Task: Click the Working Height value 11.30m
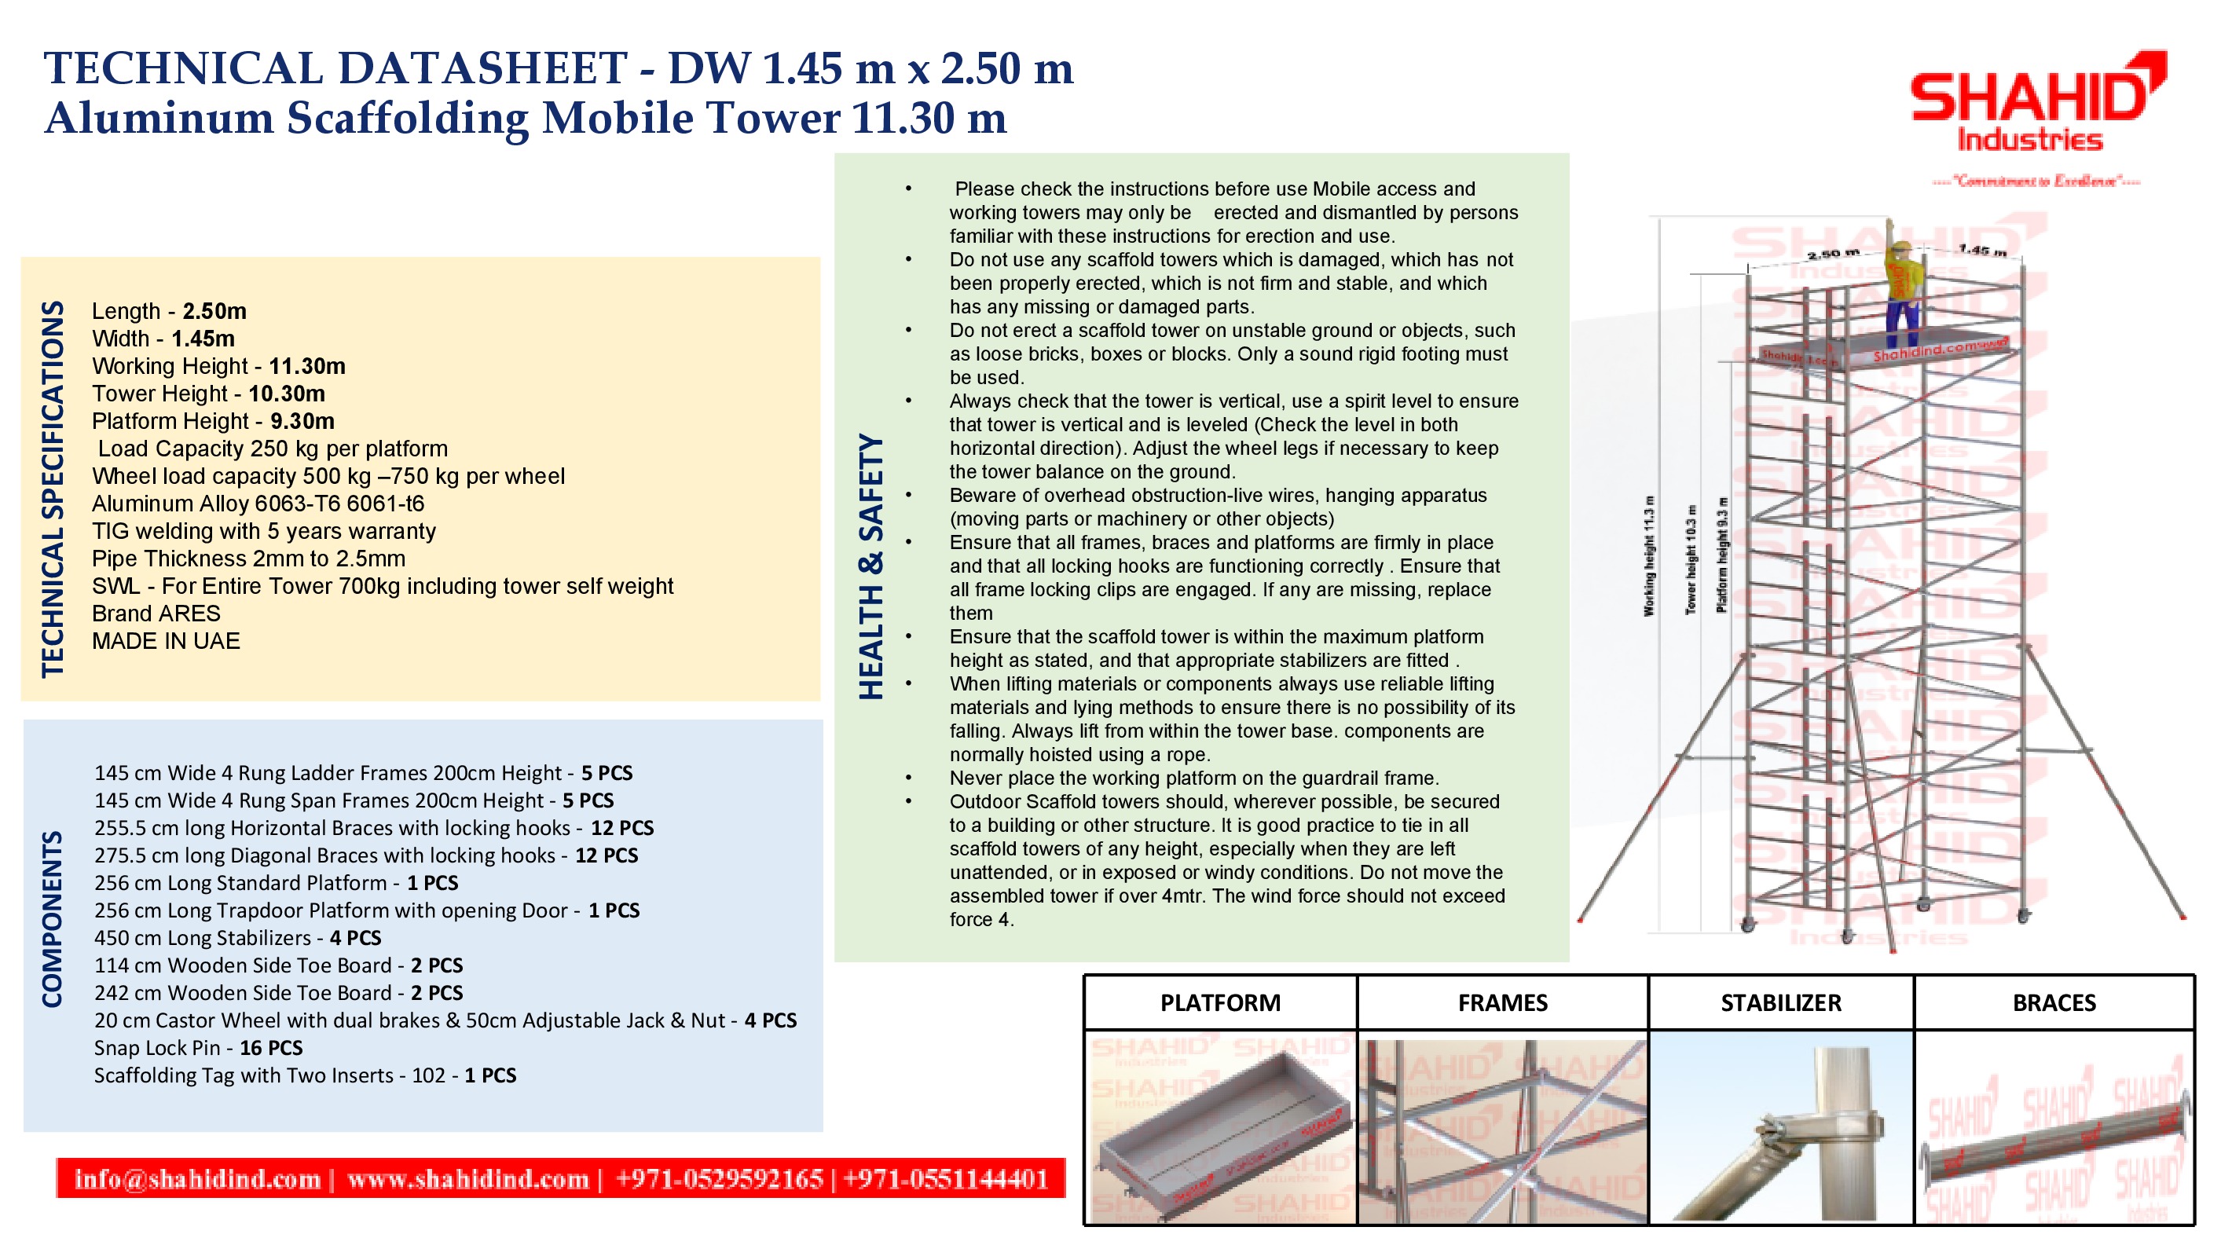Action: (306, 366)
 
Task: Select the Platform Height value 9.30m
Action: (302, 422)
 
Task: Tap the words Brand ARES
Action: (156, 614)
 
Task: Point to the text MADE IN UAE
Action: (166, 641)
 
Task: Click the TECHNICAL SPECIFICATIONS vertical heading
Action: (53, 489)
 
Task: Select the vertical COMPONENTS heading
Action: (53, 919)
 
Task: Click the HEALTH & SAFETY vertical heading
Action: (870, 566)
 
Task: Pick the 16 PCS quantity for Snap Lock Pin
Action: (271, 1048)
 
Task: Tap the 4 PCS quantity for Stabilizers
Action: (355, 938)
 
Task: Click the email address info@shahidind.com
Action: (197, 1179)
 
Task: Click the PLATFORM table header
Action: (1220, 1003)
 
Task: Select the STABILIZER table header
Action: (1780, 1003)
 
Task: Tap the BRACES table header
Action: (2054, 1003)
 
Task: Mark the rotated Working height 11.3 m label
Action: (1649, 556)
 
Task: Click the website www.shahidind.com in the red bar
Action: (467, 1179)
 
